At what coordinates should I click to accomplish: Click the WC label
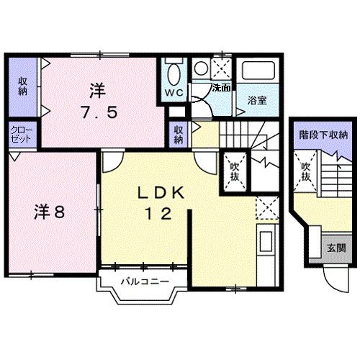point(174,94)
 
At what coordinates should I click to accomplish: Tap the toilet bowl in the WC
point(174,75)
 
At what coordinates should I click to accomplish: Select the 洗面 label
point(221,88)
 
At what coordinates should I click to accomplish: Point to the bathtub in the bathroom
point(257,71)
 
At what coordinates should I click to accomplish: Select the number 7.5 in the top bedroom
point(99,112)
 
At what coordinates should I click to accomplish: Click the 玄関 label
point(336,248)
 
